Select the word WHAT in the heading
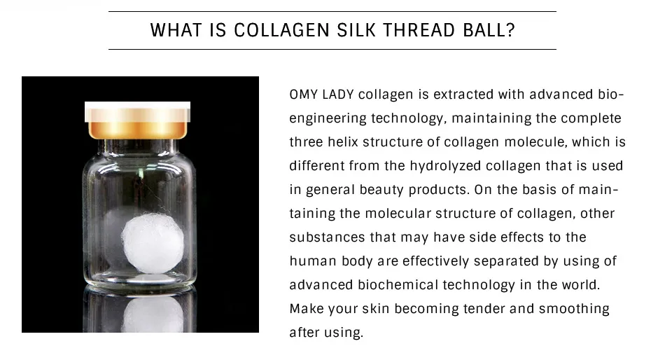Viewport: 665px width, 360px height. (x=174, y=32)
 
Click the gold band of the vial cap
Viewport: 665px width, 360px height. (x=138, y=130)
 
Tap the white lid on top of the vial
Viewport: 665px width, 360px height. (x=138, y=111)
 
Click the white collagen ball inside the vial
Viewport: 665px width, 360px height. (x=153, y=243)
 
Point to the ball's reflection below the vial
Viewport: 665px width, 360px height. (x=152, y=314)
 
